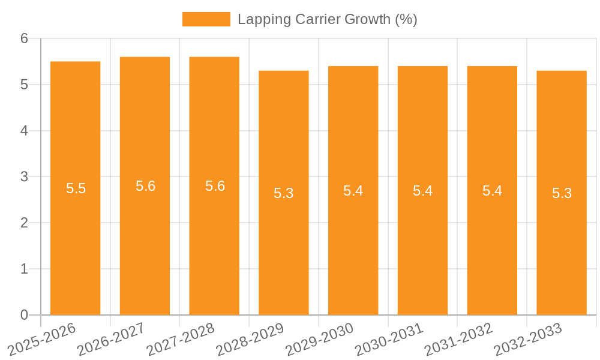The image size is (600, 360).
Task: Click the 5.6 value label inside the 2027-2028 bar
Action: tap(215, 186)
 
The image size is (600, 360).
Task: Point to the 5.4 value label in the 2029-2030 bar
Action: tap(353, 191)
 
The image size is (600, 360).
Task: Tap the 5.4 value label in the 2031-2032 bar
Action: tap(492, 191)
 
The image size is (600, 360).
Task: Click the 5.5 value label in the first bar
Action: tap(76, 188)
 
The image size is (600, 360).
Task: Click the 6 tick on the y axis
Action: tap(24, 38)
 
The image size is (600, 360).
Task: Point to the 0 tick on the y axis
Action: tap(24, 315)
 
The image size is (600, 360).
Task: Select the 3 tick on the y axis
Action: tap(24, 177)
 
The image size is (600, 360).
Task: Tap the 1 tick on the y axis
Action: tap(24, 269)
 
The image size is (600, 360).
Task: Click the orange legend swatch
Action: tap(206, 19)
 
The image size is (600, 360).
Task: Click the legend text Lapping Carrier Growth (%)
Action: tap(327, 19)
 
